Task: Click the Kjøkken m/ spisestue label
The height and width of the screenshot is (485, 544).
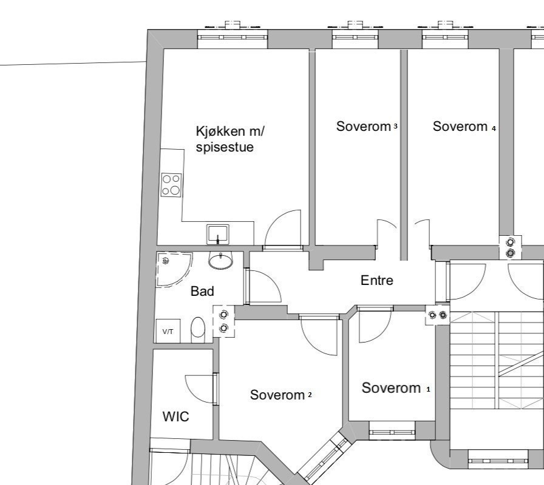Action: coord(231,139)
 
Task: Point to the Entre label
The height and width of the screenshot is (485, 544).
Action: coord(377,280)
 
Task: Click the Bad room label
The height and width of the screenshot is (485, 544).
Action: coord(202,291)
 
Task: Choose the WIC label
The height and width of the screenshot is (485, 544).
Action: coord(175,416)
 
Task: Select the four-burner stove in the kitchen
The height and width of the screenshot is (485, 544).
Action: coord(171,185)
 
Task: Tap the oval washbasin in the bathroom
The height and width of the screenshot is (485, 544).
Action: coord(220,261)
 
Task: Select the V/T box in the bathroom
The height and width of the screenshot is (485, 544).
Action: coord(168,332)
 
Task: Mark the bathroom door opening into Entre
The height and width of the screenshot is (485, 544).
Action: coord(262,287)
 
